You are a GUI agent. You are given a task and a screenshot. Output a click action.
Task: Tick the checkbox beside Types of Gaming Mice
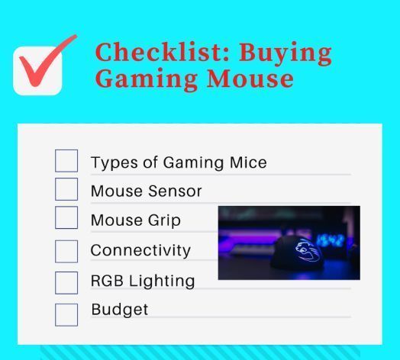66,161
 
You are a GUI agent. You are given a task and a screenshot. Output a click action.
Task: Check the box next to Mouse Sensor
66,189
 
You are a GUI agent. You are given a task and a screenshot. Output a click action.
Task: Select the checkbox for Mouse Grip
66,217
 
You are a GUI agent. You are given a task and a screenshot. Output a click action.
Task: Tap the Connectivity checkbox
66,252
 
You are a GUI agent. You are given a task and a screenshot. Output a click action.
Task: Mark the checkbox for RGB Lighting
66,283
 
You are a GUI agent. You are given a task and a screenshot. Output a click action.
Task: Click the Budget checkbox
66,315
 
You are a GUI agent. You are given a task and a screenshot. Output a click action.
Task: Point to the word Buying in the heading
285,54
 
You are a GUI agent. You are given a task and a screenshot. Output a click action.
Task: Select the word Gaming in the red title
146,79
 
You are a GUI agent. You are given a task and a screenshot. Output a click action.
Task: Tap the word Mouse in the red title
250,79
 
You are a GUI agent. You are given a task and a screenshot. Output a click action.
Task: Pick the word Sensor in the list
175,191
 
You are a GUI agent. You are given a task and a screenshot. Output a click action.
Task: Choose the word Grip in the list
164,220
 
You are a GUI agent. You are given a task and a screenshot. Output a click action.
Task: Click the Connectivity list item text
140,250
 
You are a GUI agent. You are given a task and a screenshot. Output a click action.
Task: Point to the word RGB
107,281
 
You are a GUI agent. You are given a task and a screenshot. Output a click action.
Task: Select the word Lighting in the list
162,281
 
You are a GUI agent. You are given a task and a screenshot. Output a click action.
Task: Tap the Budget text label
120,310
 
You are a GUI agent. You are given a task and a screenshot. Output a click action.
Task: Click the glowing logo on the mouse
307,251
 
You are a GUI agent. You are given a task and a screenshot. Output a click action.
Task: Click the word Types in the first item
114,163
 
